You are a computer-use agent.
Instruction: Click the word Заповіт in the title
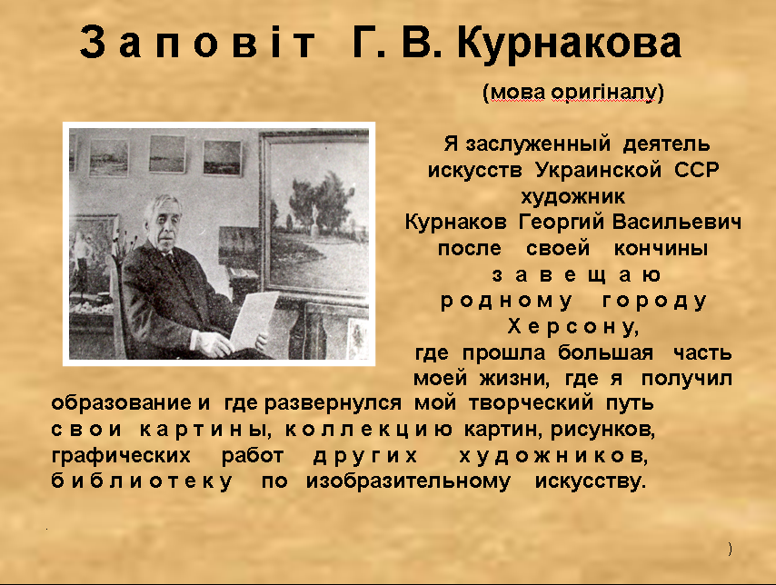click(x=197, y=43)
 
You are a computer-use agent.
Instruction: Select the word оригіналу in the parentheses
click(x=603, y=93)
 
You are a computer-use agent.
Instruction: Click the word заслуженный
click(x=538, y=144)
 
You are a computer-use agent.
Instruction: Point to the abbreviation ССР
click(x=696, y=170)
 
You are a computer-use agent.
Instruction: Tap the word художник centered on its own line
click(x=572, y=197)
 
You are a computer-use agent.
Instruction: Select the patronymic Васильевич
click(x=677, y=222)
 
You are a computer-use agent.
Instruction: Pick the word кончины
click(x=661, y=249)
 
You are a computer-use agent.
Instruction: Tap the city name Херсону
click(x=573, y=327)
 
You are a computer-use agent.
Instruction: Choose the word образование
click(x=121, y=402)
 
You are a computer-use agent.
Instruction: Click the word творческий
click(x=531, y=402)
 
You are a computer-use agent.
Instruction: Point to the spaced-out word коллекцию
click(x=368, y=430)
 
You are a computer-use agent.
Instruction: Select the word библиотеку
click(x=142, y=481)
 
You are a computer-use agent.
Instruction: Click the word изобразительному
click(x=408, y=481)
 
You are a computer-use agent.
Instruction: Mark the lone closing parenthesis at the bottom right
click(x=730, y=549)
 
